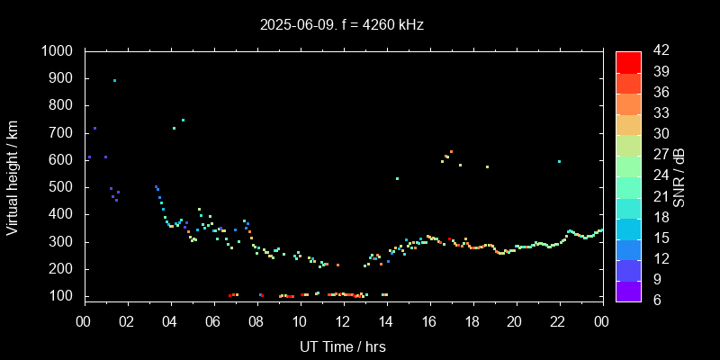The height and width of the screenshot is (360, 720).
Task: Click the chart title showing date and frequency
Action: (x=342, y=25)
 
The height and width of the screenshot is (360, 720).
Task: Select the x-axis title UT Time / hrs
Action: (x=343, y=346)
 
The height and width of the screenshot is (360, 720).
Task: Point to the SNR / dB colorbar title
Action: (x=679, y=175)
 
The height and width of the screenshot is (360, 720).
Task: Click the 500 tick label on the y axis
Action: (x=63, y=187)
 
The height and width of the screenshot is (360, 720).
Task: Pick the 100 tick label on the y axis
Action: (x=63, y=296)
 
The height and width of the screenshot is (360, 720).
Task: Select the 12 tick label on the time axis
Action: (x=343, y=322)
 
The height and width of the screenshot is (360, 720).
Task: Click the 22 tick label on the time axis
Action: (x=559, y=322)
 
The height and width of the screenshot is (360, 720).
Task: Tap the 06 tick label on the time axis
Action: (x=213, y=322)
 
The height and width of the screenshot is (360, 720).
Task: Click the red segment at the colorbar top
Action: (x=628, y=61)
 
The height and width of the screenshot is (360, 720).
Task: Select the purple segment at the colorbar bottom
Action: (x=628, y=290)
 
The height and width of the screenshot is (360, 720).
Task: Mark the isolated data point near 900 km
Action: (x=114, y=80)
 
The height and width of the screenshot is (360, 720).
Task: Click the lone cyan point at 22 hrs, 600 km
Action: (x=559, y=162)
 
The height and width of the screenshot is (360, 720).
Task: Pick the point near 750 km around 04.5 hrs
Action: (x=183, y=120)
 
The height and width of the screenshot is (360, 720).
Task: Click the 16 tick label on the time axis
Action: (x=429, y=322)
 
